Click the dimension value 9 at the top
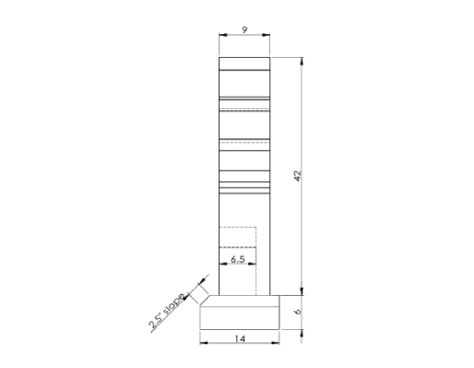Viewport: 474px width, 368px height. click(x=245, y=30)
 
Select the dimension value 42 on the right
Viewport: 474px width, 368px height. click(x=297, y=176)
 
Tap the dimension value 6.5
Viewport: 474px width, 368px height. click(x=238, y=259)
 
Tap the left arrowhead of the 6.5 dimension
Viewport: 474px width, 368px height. click(x=223, y=267)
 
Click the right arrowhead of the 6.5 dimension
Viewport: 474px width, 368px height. click(x=253, y=267)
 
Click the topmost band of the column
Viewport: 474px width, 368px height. click(x=245, y=64)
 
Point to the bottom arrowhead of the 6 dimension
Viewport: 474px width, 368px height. click(x=302, y=328)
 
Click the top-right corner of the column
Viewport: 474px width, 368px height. click(x=270, y=58)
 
